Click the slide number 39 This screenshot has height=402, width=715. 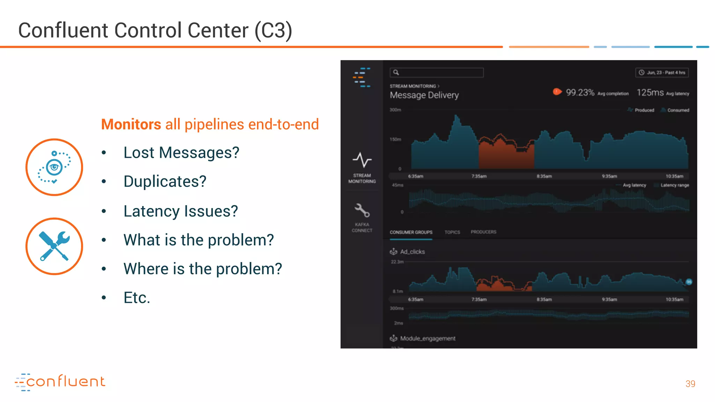[x=690, y=384]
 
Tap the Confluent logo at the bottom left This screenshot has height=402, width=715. [x=60, y=382]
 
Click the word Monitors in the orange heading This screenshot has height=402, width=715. [x=131, y=125]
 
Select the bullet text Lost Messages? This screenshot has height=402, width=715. [x=181, y=153]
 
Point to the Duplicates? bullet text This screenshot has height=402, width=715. [x=165, y=181]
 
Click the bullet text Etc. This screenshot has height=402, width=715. [x=137, y=298]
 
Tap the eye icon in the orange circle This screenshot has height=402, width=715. [x=54, y=167]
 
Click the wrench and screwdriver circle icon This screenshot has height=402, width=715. [x=54, y=246]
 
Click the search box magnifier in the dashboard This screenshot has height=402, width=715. [x=396, y=73]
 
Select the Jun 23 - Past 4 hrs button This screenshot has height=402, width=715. [x=662, y=73]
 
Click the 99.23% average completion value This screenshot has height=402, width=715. [x=580, y=92]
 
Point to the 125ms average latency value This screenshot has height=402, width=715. [x=650, y=92]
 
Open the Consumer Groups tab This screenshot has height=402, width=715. [x=411, y=232]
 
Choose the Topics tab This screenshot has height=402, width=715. [x=452, y=232]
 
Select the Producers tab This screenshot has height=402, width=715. [x=483, y=232]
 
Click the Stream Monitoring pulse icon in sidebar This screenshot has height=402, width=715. [x=362, y=160]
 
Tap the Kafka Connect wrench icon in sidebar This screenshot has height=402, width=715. [x=362, y=210]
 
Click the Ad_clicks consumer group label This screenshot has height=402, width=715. [x=412, y=252]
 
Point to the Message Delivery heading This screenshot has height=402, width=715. [x=424, y=95]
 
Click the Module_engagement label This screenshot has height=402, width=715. [x=427, y=338]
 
